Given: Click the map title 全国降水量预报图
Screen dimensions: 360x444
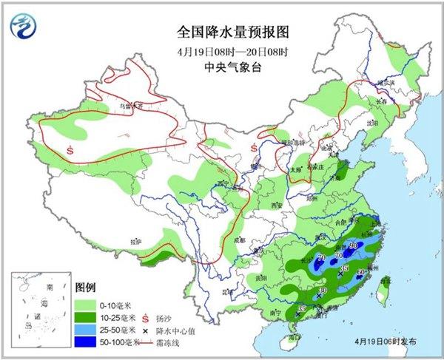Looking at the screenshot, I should click(x=221, y=33).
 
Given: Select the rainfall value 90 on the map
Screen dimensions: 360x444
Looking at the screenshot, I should click(x=354, y=245).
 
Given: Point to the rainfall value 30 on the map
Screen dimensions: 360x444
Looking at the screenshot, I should click(x=323, y=291).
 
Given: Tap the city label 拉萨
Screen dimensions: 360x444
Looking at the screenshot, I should click(x=135, y=241).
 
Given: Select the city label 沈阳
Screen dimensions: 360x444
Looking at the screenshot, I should click(x=372, y=119).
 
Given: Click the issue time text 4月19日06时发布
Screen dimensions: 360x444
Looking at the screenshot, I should click(x=390, y=342).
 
